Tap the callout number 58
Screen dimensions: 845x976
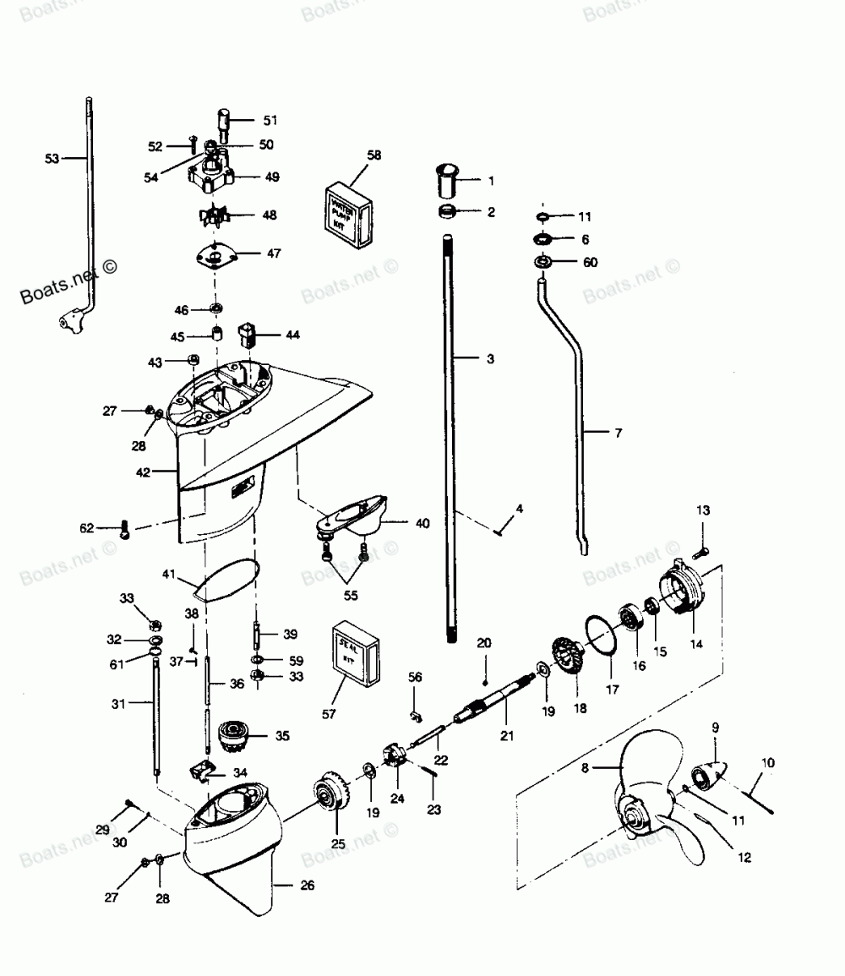tap(373, 155)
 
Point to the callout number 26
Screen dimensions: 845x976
tap(306, 885)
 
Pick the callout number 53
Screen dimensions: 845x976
tap(52, 157)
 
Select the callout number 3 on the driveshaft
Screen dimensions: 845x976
tap(490, 359)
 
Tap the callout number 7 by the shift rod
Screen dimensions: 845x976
tap(618, 433)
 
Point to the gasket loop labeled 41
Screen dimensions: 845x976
tap(222, 581)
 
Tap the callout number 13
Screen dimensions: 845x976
tap(703, 510)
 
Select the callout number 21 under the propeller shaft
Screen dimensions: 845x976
tap(506, 736)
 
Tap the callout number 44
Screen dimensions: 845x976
tap(292, 335)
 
